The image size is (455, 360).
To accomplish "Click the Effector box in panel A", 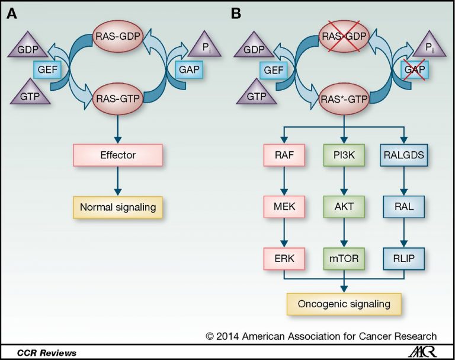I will (x=117, y=155).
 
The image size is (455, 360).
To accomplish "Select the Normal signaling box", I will (x=117, y=208).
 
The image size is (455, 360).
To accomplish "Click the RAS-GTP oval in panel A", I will (x=117, y=96).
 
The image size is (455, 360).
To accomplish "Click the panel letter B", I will (x=236, y=14).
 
